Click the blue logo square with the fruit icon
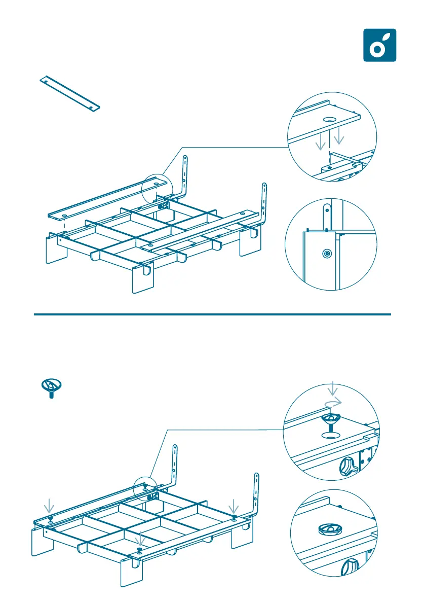click(379, 45)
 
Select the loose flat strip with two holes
click(69, 94)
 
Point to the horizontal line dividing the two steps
click(213, 314)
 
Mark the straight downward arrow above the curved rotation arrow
click(332, 389)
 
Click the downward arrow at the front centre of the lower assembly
click(140, 538)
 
